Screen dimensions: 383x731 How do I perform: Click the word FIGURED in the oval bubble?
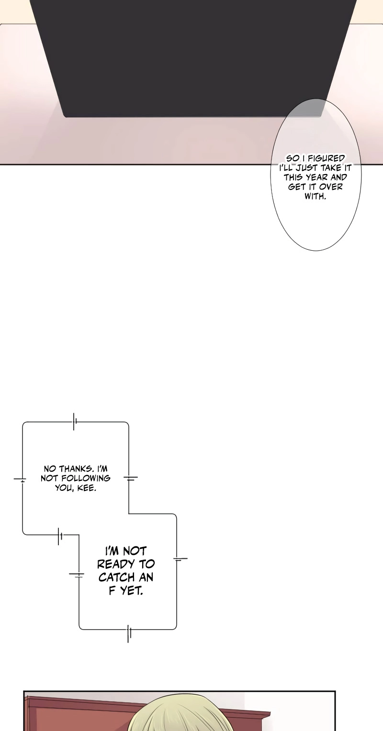coord(326,158)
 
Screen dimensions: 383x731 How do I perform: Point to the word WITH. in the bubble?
coord(315,197)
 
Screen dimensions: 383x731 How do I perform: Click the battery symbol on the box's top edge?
coord(74,421)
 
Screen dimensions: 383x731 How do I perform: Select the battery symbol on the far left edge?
coord(20,479)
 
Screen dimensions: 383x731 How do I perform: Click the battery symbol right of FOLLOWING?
coord(130,478)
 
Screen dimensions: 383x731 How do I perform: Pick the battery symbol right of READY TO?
coord(180,559)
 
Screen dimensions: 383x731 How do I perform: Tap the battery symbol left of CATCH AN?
coord(77,575)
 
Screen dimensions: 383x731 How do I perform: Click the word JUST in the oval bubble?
coord(306,168)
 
